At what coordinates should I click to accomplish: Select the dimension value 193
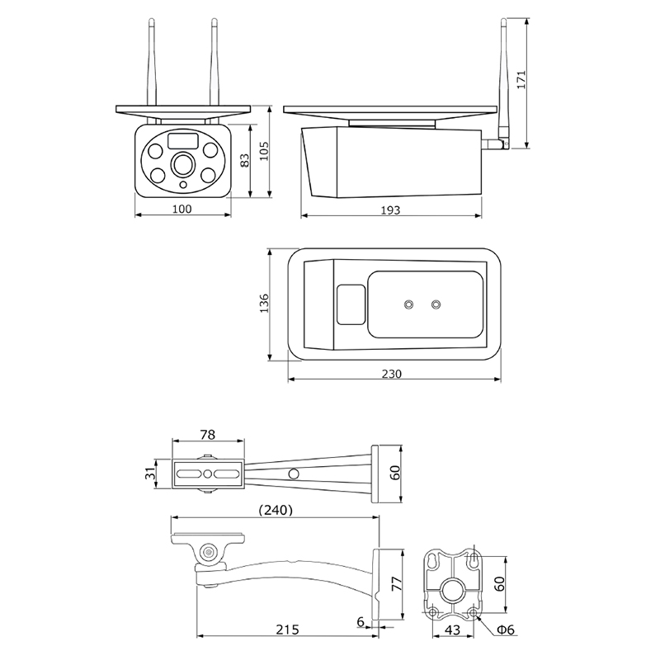(391, 210)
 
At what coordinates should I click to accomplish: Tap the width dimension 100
(182, 209)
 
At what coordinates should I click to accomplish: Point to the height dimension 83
(244, 161)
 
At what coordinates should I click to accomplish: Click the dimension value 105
(265, 151)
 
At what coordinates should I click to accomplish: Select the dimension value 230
(392, 374)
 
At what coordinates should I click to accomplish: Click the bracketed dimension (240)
(273, 510)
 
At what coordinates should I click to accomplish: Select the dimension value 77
(397, 585)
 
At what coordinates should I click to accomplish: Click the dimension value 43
(452, 629)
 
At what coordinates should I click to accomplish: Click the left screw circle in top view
(408, 304)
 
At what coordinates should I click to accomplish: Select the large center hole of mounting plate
(452, 589)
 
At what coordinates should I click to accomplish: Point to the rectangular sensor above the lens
(183, 141)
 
